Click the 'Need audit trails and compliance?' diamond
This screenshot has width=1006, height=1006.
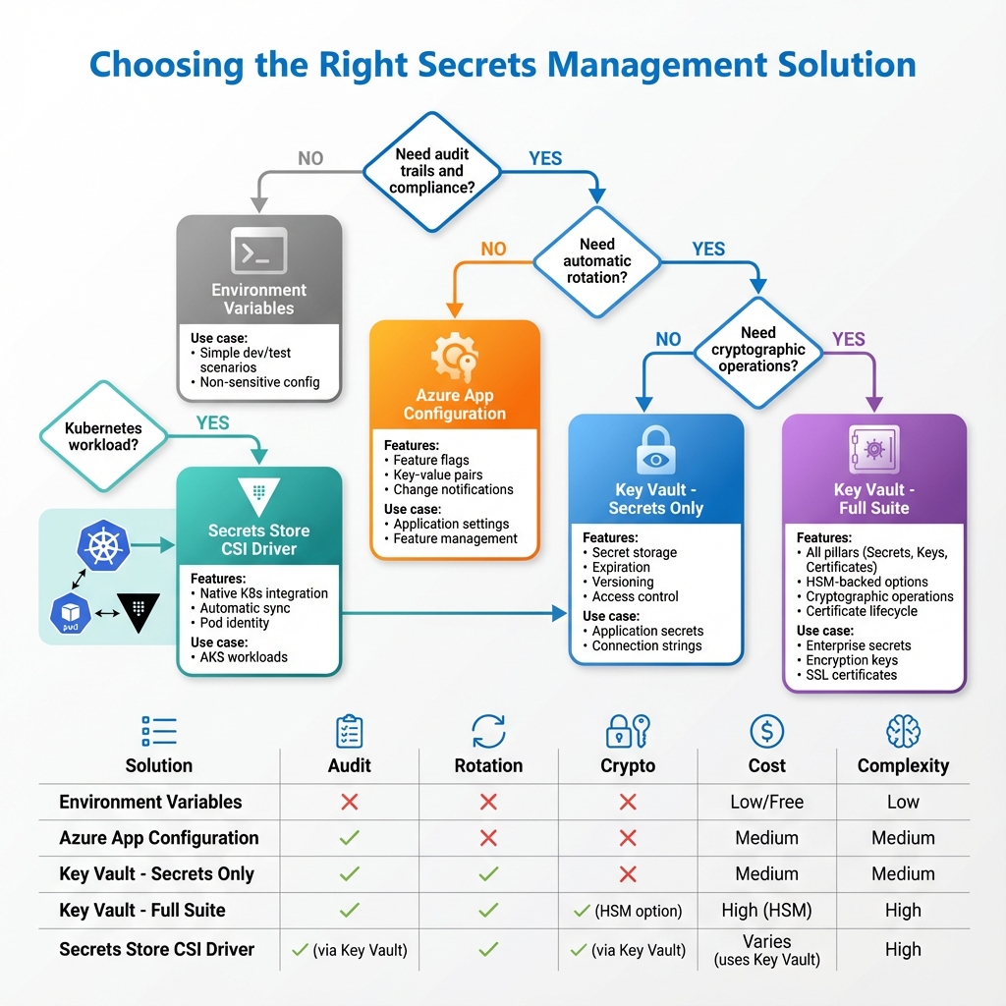click(432, 170)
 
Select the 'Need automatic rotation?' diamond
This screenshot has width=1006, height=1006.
click(597, 260)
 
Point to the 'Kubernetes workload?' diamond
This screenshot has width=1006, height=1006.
click(103, 436)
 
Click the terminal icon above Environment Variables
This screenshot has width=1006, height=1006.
click(258, 251)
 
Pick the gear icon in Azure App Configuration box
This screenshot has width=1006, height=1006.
click(454, 359)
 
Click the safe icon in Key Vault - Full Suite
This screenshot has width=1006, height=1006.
click(873, 450)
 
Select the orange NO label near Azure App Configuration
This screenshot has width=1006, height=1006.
click(493, 249)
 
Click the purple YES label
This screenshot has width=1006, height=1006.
click(849, 340)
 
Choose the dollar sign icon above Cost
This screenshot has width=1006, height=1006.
click(766, 731)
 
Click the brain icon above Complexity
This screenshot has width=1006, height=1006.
click(902, 731)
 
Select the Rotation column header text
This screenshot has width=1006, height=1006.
click(488, 766)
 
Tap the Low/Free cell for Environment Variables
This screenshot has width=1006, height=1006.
click(766, 802)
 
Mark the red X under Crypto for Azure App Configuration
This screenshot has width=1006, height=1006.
click(628, 838)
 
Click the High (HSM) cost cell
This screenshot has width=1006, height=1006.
click(766, 910)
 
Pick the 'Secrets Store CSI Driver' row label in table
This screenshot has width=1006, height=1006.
click(156, 949)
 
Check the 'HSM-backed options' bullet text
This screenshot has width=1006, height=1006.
click(866, 582)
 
